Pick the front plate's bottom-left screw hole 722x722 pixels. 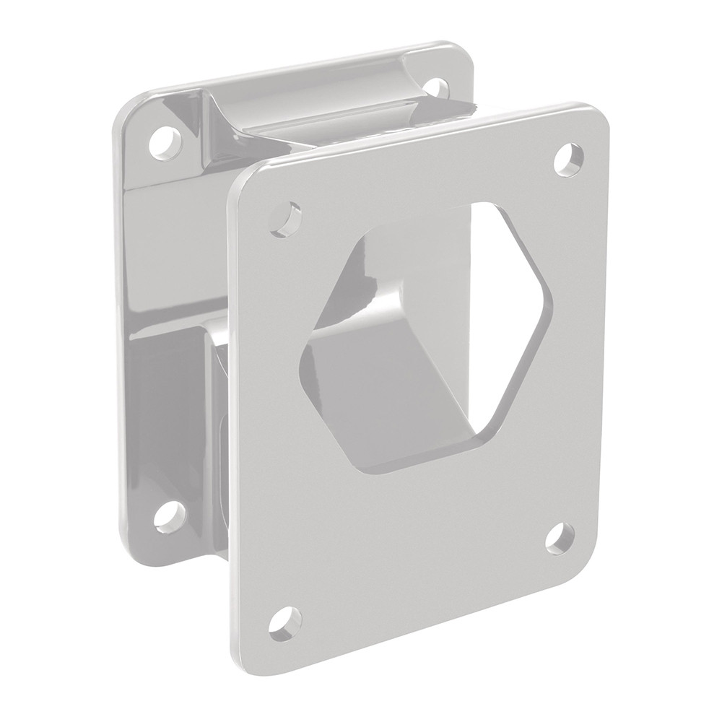(x=287, y=622)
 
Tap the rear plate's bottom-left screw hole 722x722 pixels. (x=170, y=513)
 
